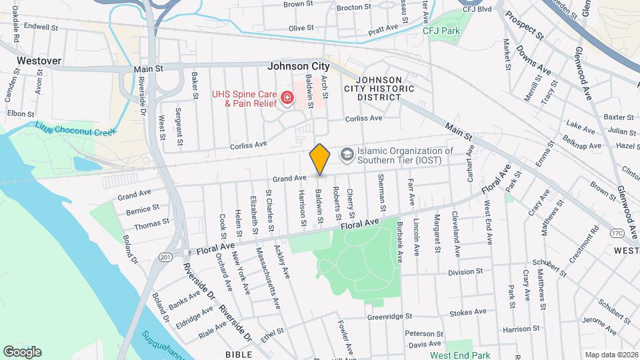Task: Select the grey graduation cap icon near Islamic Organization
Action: point(347,155)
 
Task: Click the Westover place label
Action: point(39,61)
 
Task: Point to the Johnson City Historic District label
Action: point(373,88)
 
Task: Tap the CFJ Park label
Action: point(441,31)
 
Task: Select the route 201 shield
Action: point(166,257)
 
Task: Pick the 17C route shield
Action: point(617,233)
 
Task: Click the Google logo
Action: point(22,352)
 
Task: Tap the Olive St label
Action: point(301,28)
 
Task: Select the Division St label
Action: point(465,272)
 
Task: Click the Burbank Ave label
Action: point(399,241)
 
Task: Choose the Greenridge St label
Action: point(390,317)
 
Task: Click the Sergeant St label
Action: point(179,126)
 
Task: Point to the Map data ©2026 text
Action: point(611,355)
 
